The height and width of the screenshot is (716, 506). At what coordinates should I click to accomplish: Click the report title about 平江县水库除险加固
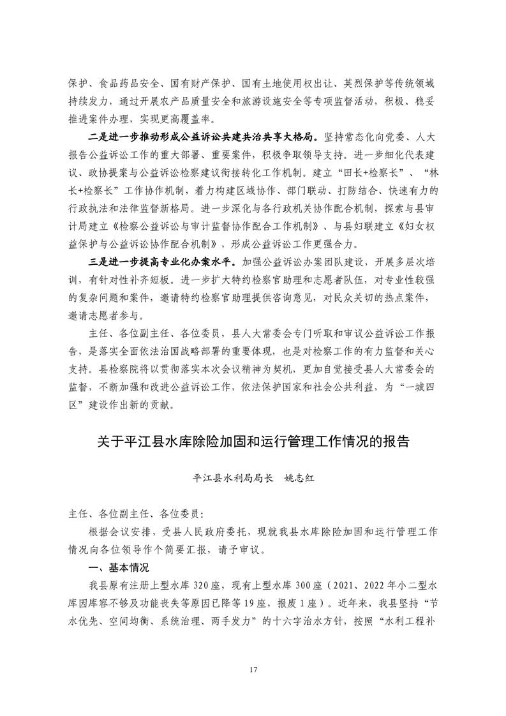[x=253, y=442]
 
